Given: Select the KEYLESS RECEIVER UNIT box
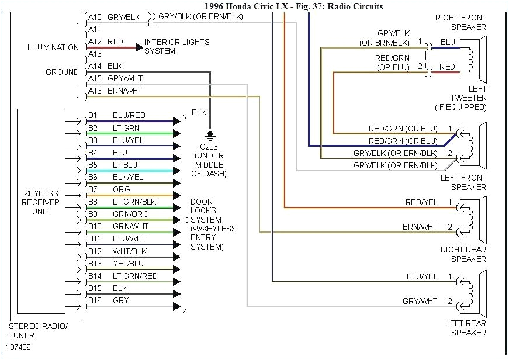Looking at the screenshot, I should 40,203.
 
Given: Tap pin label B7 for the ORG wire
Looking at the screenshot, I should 93,189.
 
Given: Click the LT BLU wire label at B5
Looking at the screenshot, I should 125,165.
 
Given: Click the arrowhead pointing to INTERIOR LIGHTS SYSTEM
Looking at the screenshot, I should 138,47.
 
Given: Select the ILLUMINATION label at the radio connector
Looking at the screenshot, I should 53,47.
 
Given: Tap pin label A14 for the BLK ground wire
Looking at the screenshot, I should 94,67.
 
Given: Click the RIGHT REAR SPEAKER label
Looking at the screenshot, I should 463,254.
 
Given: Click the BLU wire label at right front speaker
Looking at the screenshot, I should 448,42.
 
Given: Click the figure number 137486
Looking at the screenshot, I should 19,347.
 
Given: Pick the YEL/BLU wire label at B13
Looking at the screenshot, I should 128,264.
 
